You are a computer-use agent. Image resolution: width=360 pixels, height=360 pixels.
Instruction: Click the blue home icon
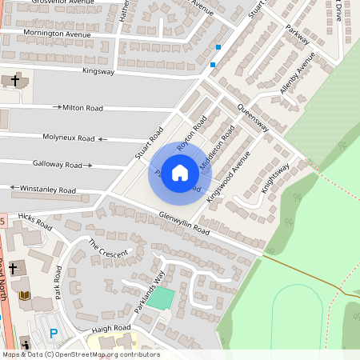click(x=180, y=173)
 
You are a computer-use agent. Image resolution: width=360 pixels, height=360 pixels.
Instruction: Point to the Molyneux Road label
click(x=64, y=138)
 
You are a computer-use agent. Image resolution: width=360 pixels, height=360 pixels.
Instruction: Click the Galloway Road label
click(x=58, y=164)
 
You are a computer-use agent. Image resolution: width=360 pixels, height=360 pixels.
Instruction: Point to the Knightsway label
click(x=274, y=181)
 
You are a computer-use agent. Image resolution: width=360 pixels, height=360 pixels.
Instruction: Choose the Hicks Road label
click(x=35, y=222)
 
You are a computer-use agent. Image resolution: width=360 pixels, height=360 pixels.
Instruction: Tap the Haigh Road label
click(x=110, y=328)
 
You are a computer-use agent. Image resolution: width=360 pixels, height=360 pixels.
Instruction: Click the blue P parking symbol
click(x=54, y=334)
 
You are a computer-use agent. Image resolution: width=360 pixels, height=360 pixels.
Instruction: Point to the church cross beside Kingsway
click(x=16, y=81)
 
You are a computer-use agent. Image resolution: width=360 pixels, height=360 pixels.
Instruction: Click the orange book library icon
click(x=24, y=295)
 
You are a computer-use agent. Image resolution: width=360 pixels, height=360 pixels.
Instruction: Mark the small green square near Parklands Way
click(x=162, y=299)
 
